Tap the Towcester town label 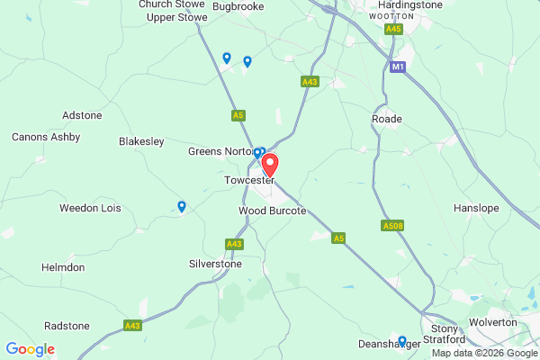point(248,181)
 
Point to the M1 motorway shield point(398,67)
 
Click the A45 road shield point(393,30)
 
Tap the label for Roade point(386,119)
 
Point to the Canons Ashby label point(46,138)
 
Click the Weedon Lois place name point(90,209)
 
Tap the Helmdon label point(63,268)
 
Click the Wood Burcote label point(272,211)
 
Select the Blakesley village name point(142,141)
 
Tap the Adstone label point(83,115)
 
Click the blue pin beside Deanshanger point(402,341)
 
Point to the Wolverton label point(492,322)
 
